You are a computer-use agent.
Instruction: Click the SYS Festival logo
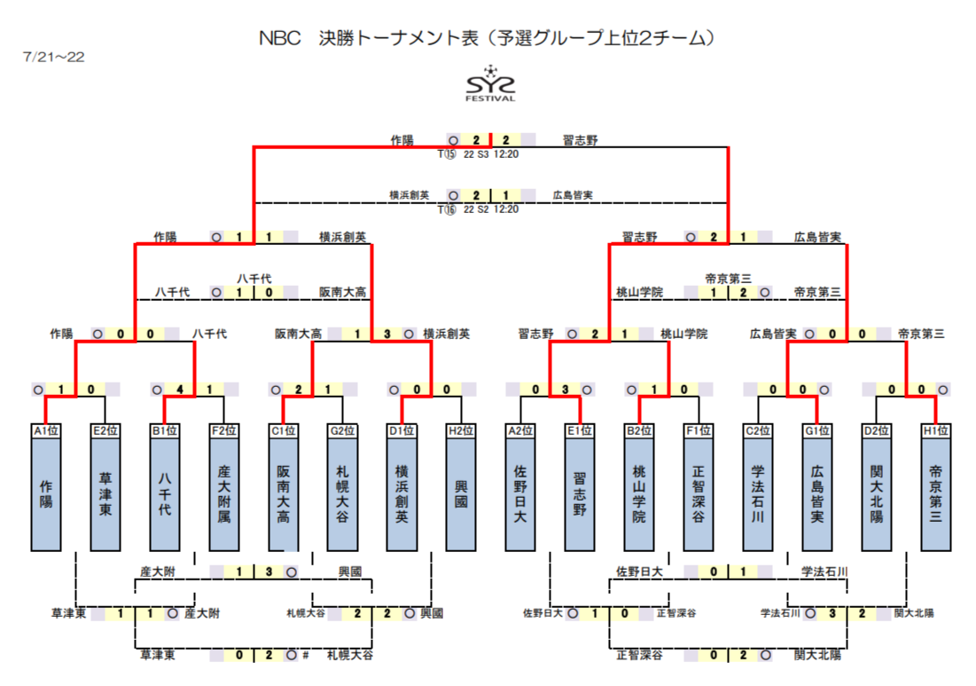pyautogui.click(x=490, y=83)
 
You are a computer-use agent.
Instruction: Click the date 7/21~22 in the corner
pyautogui.click(x=53, y=57)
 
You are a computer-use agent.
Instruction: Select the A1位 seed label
pyautogui.click(x=46, y=430)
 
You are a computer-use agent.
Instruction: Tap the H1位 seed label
pyautogui.click(x=935, y=430)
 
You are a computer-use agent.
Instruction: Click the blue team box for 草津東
pyautogui.click(x=105, y=493)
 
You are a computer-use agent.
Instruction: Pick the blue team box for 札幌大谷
pyautogui.click(x=342, y=493)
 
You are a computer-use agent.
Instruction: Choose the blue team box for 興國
pyautogui.click(x=461, y=493)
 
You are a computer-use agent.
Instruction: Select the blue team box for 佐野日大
pyautogui.click(x=520, y=493)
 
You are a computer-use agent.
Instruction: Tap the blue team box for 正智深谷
pyautogui.click(x=699, y=493)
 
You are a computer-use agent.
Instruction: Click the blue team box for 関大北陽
pyautogui.click(x=877, y=493)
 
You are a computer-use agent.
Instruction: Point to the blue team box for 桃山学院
pyautogui.click(x=639, y=493)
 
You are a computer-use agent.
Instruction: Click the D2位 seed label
pyautogui.click(x=877, y=430)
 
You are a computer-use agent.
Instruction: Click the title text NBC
pyautogui.click(x=280, y=38)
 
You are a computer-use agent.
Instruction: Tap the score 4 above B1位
pyautogui.click(x=180, y=390)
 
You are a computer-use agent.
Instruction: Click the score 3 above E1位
pyautogui.click(x=566, y=390)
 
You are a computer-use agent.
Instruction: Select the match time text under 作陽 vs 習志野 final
pyautogui.click(x=478, y=154)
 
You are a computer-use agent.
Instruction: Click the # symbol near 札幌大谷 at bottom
pyautogui.click(x=306, y=655)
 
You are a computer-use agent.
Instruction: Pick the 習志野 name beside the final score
pyautogui.click(x=580, y=140)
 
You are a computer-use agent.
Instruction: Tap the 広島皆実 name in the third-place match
pyautogui.click(x=573, y=195)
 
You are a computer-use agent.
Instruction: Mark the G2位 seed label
pyautogui.click(x=342, y=430)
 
